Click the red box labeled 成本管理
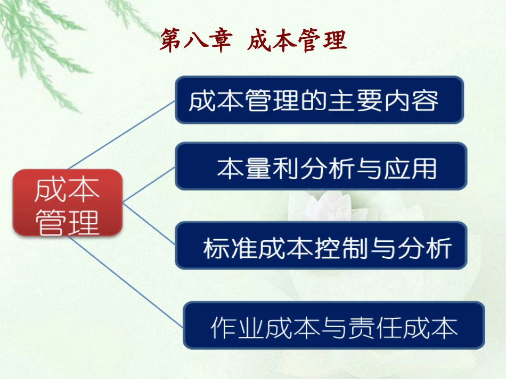pos(68,203)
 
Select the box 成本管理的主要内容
pos(320,100)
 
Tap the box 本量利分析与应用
pos(321,166)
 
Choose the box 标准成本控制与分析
pos(321,246)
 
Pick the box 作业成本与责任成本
pos(333,325)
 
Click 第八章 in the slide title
pos(195,41)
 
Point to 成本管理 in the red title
pos(297,41)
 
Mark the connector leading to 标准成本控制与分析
pos(149,223)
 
